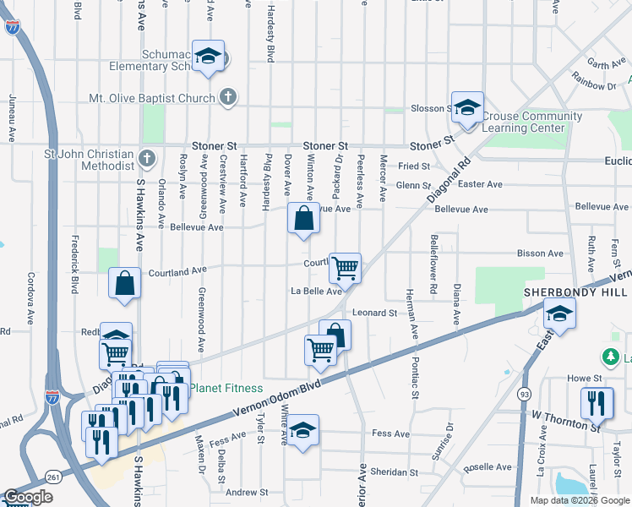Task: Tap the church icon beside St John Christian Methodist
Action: pyautogui.click(x=146, y=158)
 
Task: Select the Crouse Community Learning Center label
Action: pyautogui.click(x=532, y=123)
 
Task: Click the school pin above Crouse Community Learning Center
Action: pyautogui.click(x=466, y=107)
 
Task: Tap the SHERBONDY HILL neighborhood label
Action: pyautogui.click(x=575, y=292)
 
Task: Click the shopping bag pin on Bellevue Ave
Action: pyautogui.click(x=303, y=218)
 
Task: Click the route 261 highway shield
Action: pyautogui.click(x=54, y=477)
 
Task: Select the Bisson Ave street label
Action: pyautogui.click(x=540, y=253)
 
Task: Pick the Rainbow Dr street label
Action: pyautogui.click(x=594, y=85)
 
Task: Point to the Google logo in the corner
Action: pyautogui.click(x=28, y=497)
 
